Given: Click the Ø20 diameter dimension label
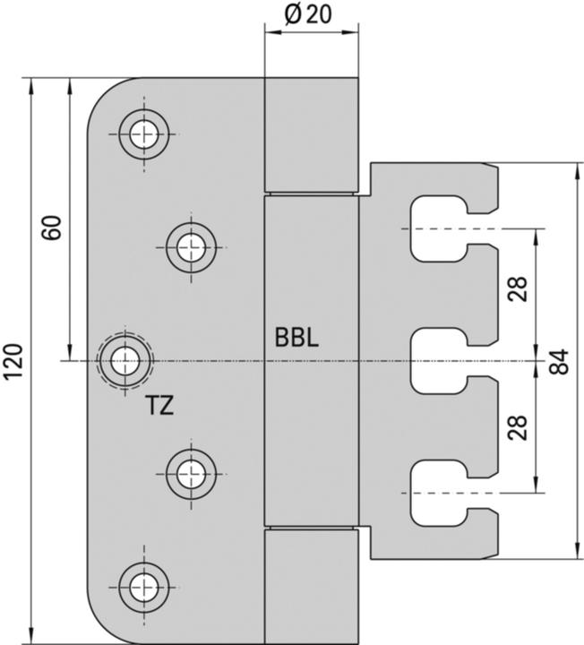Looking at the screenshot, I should tap(310, 14).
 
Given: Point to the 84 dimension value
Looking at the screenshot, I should tap(560, 361).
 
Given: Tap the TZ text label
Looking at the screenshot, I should tap(159, 406).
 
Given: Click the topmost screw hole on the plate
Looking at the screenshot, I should tap(142, 134).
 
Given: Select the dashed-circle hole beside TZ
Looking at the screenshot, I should tap(125, 361).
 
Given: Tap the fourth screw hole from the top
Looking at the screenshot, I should tap(190, 469).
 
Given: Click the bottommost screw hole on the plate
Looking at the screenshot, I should tap(142, 587).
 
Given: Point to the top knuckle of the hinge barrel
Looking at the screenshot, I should tap(311, 135).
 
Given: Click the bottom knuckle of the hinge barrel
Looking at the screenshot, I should tap(311, 585).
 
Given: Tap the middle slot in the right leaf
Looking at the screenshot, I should tap(437, 361).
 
